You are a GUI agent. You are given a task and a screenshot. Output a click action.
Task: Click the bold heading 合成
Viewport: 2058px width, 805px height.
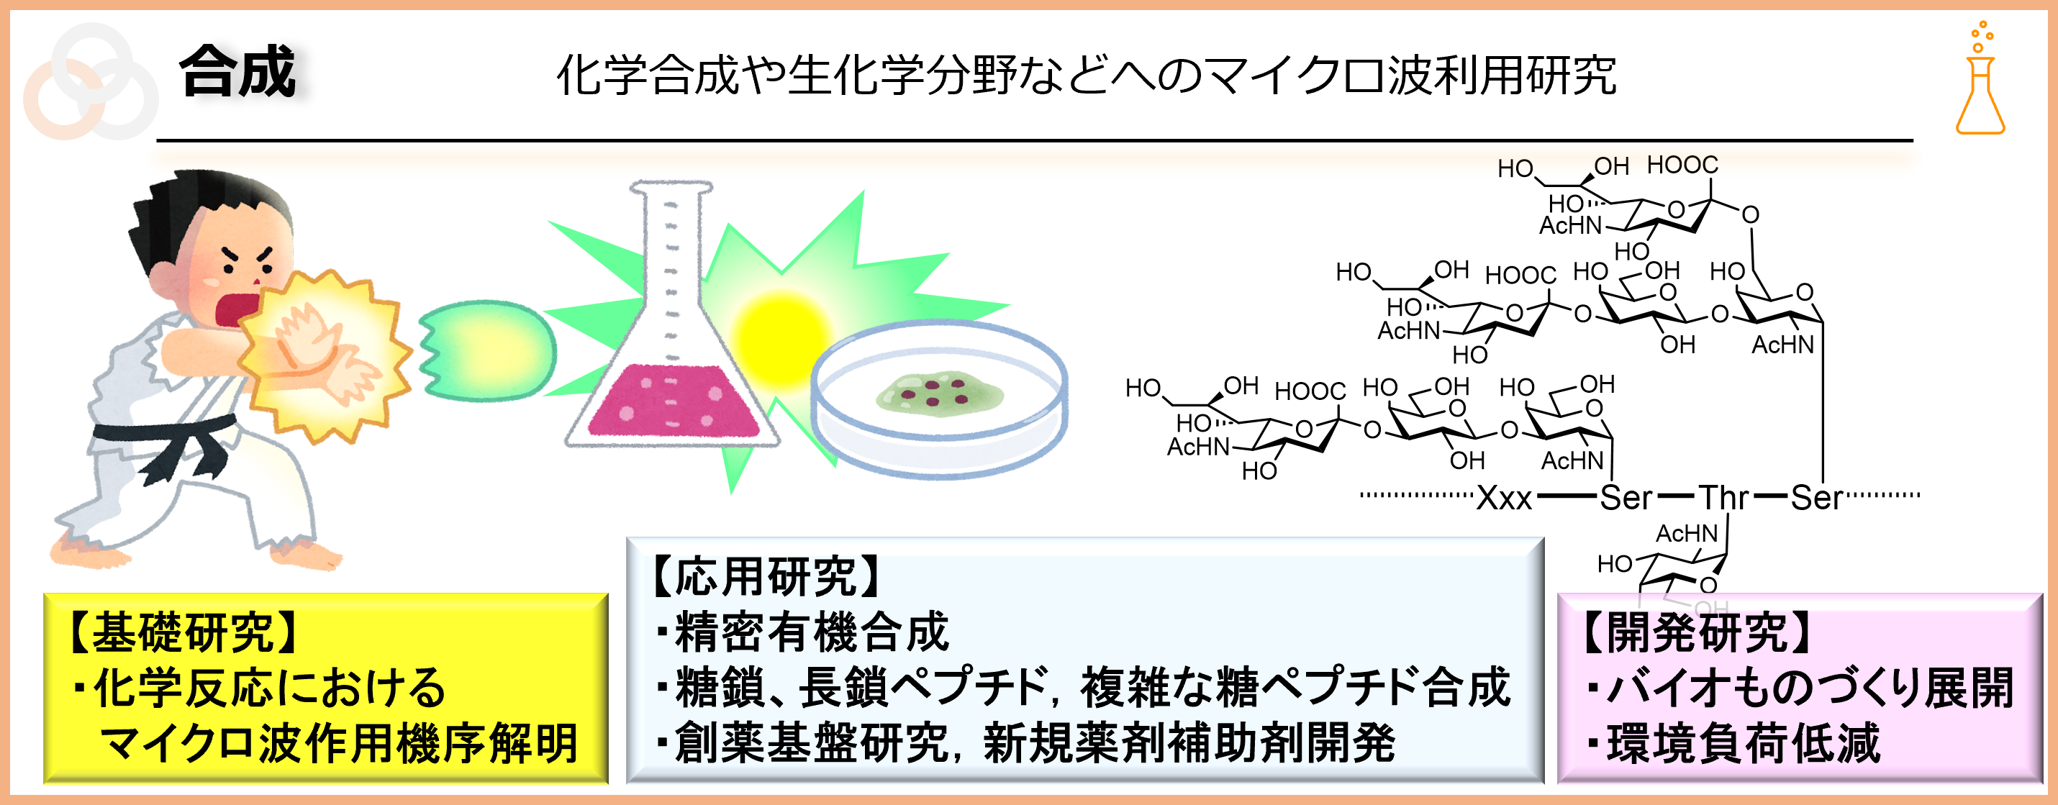coord(237,72)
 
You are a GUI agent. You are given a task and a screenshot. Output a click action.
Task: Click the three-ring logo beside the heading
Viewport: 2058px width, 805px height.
coord(89,81)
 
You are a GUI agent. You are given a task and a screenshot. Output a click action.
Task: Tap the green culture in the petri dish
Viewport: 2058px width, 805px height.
coord(940,392)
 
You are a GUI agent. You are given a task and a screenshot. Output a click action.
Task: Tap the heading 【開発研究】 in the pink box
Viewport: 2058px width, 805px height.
coord(1697,632)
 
